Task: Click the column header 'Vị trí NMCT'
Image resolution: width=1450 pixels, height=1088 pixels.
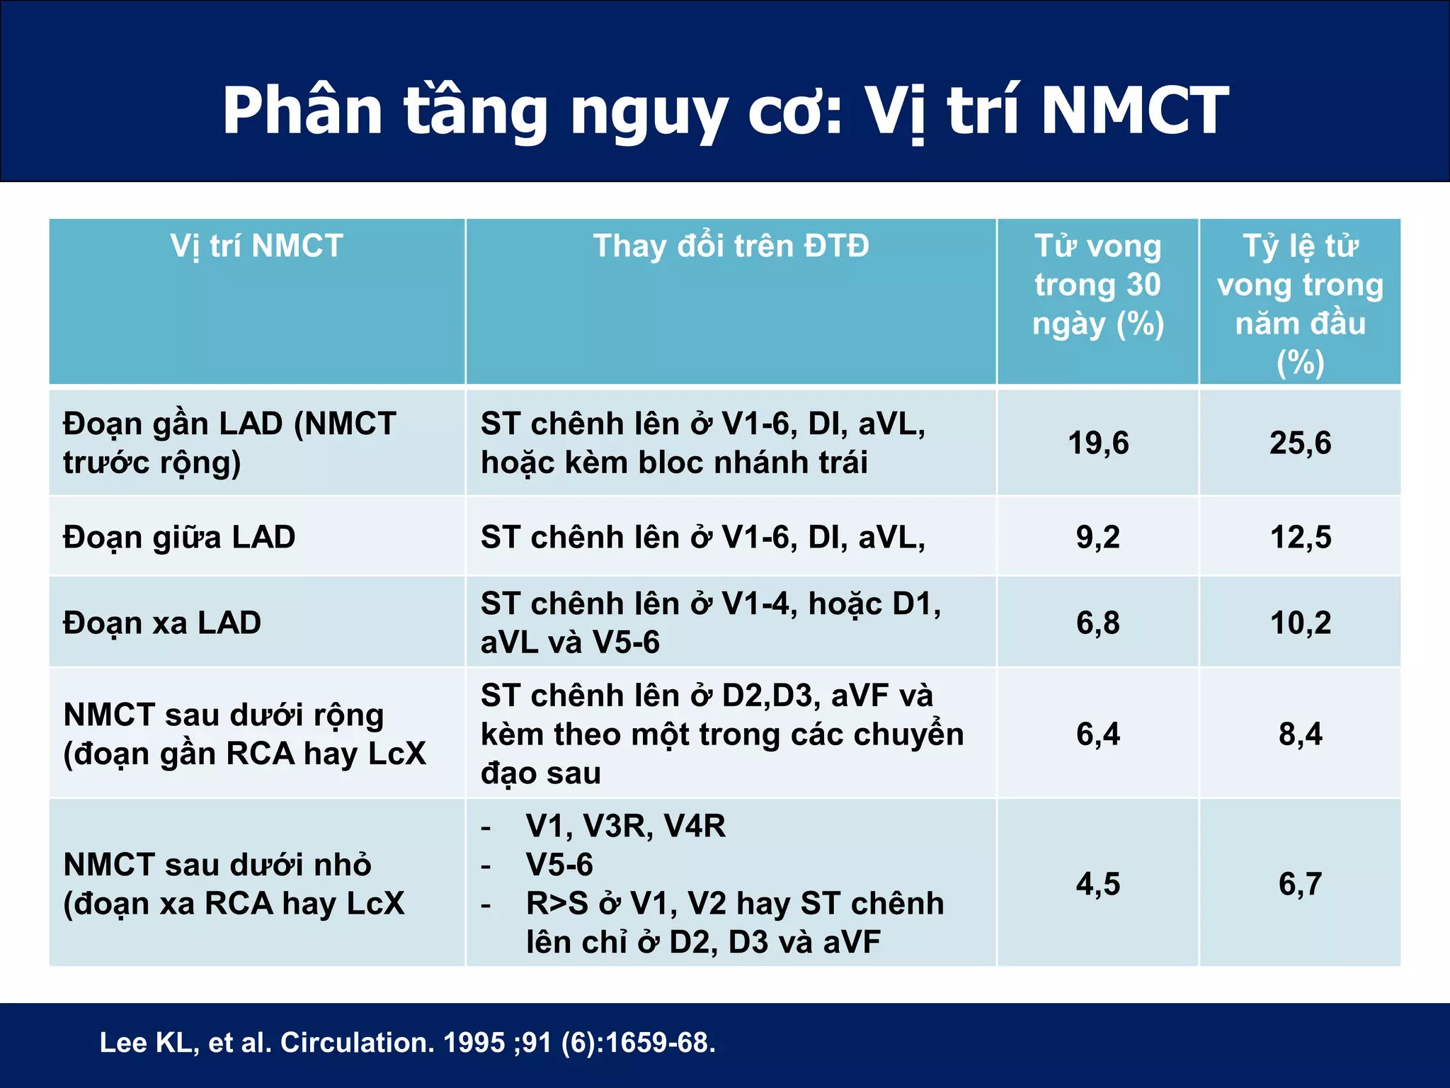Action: click(256, 246)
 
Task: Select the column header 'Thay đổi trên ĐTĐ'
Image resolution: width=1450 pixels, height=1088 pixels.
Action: click(731, 246)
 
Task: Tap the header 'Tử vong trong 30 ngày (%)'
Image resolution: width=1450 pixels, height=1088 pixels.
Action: click(1097, 285)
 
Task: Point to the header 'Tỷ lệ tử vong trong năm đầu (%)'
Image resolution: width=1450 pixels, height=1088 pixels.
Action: click(1300, 303)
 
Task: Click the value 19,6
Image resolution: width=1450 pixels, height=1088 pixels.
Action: click(1097, 443)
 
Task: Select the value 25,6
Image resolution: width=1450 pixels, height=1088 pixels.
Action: click(1300, 443)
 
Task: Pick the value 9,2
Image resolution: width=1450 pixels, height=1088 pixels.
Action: click(1097, 537)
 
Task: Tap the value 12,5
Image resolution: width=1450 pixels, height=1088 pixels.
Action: click(1300, 537)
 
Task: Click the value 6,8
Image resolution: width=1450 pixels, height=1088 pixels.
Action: click(1097, 623)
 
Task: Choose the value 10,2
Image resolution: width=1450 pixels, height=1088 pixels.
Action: click(1300, 623)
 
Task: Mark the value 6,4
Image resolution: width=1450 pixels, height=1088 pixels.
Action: click(1097, 734)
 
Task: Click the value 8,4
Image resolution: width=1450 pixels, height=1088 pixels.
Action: click(1300, 734)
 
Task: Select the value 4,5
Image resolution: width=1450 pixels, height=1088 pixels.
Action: click(1097, 884)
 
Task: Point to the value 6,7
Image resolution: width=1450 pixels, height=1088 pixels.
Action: click(1300, 884)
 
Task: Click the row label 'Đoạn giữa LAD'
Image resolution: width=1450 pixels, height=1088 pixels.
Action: click(179, 537)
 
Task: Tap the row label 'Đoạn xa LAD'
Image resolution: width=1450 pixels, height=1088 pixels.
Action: click(162, 623)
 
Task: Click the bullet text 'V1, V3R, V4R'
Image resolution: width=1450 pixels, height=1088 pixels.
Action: click(625, 827)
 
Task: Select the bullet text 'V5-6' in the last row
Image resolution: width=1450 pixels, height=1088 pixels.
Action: click(559, 865)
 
